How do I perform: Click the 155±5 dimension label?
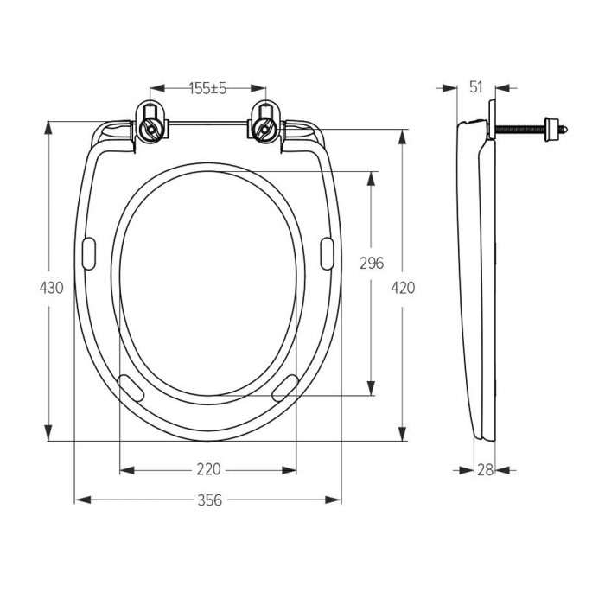click(207, 88)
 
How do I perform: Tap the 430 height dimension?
click(51, 288)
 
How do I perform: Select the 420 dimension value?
click(403, 288)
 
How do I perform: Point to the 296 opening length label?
click(372, 263)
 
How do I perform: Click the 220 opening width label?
click(209, 469)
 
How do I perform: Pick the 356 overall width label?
click(210, 500)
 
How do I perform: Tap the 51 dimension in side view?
click(476, 87)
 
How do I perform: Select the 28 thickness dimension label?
click(486, 470)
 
